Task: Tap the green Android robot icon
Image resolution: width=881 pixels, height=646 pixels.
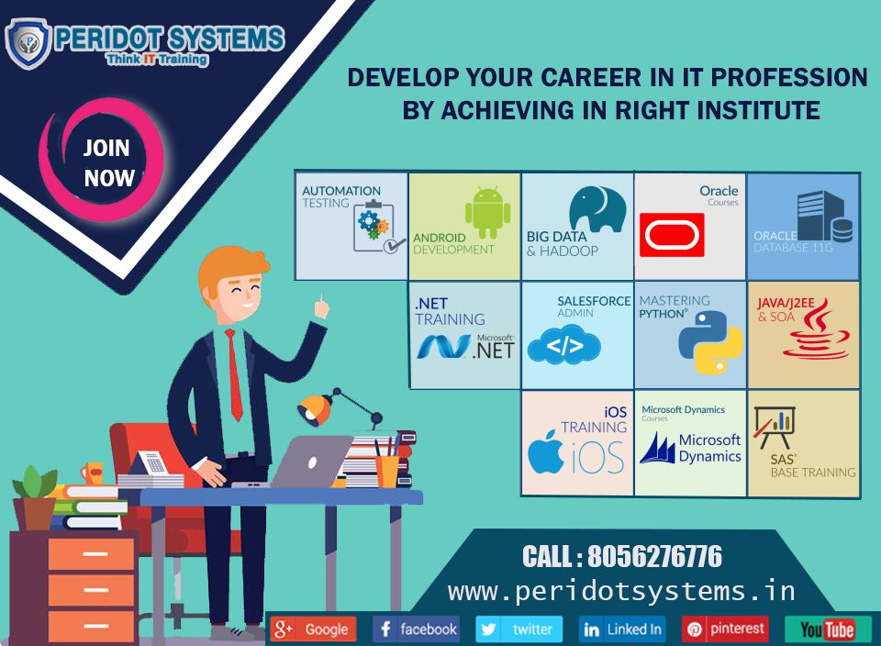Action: click(x=487, y=212)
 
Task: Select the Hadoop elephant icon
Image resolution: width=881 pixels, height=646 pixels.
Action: click(x=597, y=209)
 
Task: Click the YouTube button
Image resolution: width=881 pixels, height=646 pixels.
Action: click(x=828, y=629)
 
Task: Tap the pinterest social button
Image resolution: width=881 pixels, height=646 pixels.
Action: click(x=725, y=629)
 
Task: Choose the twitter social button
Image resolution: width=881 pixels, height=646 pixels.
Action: click(x=519, y=629)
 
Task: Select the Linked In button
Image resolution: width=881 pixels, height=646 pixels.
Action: click(x=622, y=629)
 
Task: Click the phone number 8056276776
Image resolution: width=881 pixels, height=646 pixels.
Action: click(x=654, y=557)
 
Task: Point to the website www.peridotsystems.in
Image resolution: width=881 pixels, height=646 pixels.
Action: click(x=622, y=590)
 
